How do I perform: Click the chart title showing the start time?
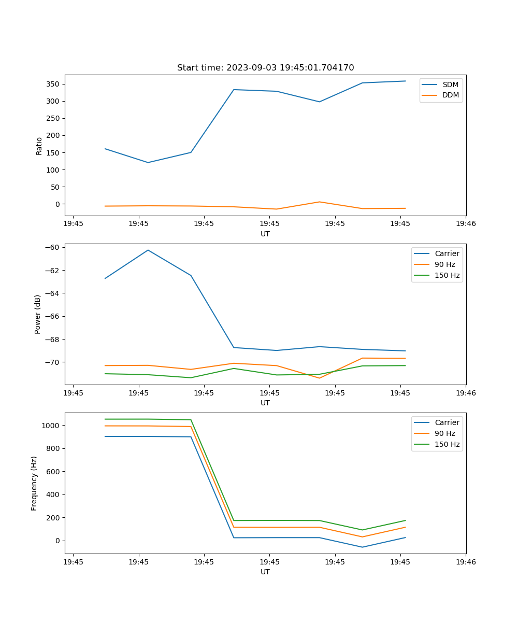pyautogui.click(x=265, y=68)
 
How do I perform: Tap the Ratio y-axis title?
pyautogui.click(x=39, y=146)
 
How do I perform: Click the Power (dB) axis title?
pyautogui.click(x=38, y=314)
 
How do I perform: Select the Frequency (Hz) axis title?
pyautogui.click(x=34, y=483)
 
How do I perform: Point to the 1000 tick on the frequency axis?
pyautogui.click(x=52, y=426)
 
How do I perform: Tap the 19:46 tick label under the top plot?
pyautogui.click(x=466, y=224)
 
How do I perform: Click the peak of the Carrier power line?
pyautogui.click(x=148, y=250)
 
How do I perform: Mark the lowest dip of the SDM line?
pyautogui.click(x=148, y=163)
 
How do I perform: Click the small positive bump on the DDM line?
pyautogui.click(x=319, y=202)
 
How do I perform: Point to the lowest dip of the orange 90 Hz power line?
pyautogui.click(x=319, y=378)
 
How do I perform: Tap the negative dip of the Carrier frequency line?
pyautogui.click(x=362, y=547)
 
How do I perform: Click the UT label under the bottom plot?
pyautogui.click(x=265, y=572)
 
